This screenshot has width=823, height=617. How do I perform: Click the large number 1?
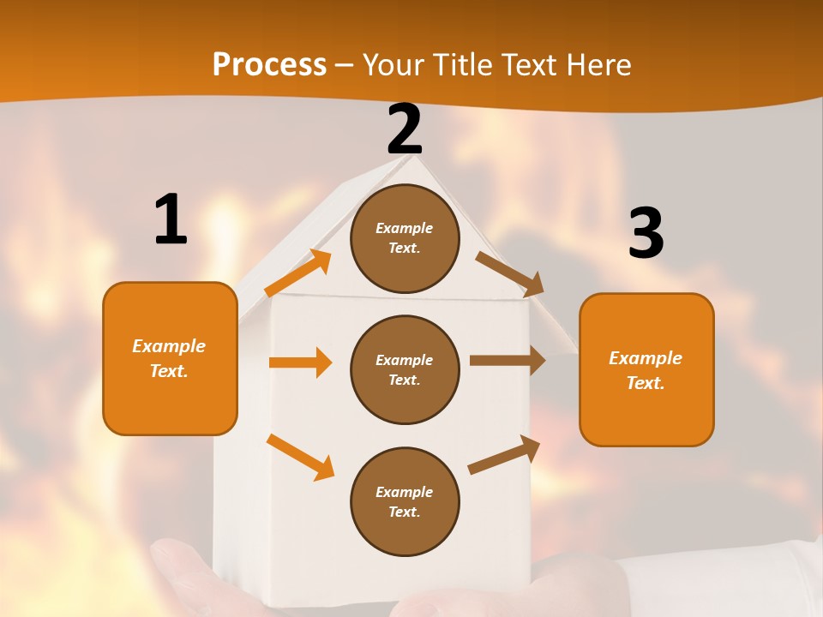[x=171, y=219]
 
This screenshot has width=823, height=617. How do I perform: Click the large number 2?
[x=405, y=129]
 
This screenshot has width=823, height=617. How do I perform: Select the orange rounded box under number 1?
[x=170, y=358]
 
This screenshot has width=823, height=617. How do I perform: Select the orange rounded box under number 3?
[x=646, y=369]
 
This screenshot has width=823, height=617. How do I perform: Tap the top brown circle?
[x=405, y=238]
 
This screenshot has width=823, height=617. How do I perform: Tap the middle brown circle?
[x=405, y=369]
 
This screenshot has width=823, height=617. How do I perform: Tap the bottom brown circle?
[x=405, y=501]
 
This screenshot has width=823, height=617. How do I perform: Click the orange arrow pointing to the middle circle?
[x=300, y=362]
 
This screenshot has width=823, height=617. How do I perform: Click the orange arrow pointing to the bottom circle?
[x=300, y=456]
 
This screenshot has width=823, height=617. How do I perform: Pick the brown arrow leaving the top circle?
[x=510, y=273]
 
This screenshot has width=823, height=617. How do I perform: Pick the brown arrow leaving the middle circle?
[x=508, y=361]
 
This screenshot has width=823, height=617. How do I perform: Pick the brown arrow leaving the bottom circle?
[x=504, y=455]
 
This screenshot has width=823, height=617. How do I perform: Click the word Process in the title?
[x=269, y=64]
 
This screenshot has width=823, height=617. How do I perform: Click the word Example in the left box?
[x=169, y=346]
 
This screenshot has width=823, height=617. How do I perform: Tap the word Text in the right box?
[x=644, y=383]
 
